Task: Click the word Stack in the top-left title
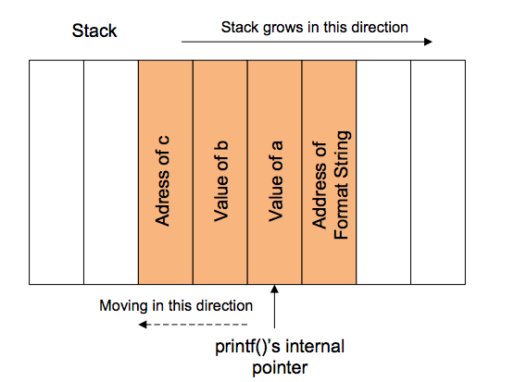tap(94, 31)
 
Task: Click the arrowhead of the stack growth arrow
tap(428, 42)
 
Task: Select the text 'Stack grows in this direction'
tap(315, 28)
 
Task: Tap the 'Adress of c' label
tap(163, 181)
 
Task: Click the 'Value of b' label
tap(221, 181)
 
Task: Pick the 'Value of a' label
tap(276, 181)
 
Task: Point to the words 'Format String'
tap(342, 185)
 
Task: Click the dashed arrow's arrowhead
tap(143, 325)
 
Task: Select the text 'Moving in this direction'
tap(176, 306)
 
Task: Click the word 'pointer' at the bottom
tap(280, 367)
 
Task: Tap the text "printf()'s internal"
tap(280, 346)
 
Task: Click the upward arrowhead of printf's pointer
tap(274, 289)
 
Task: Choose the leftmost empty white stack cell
tap(56, 173)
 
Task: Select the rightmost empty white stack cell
tap(438, 173)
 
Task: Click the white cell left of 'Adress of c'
tap(111, 173)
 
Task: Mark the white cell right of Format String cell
tap(383, 173)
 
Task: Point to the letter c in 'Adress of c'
tap(164, 141)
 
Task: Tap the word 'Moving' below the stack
tap(123, 306)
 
